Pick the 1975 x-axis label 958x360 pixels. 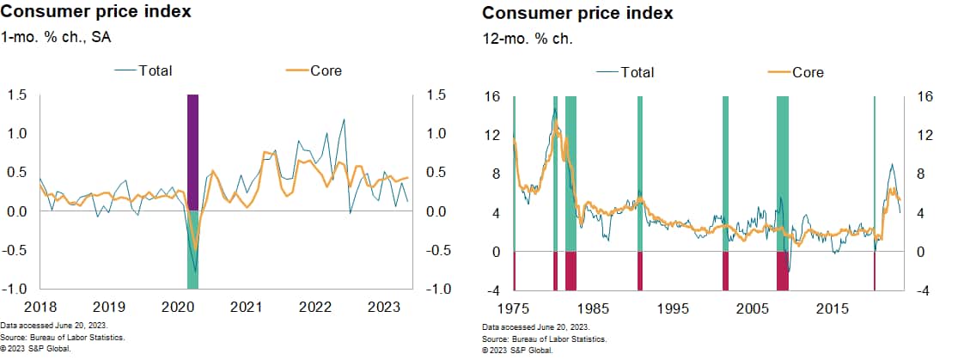pos(513,308)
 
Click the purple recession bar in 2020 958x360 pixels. pos(192,151)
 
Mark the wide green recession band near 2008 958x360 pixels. pos(782,172)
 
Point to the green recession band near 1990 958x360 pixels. pos(639,172)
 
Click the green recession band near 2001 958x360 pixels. pos(725,172)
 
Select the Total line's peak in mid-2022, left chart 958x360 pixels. pos(345,120)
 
